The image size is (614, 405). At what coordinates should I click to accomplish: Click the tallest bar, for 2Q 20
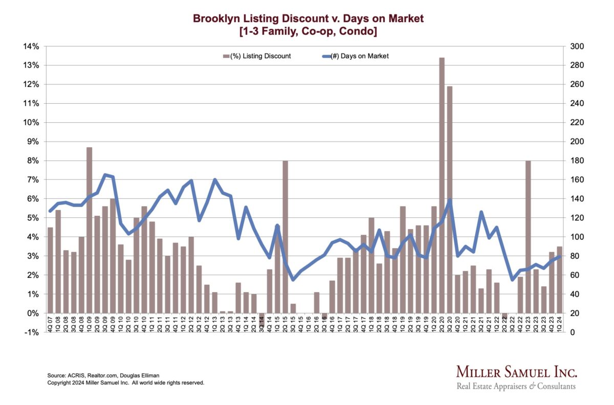pos(442,184)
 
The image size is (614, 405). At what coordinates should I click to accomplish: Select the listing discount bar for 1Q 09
pos(89,230)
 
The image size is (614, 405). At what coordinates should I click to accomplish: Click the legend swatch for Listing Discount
pos(226,56)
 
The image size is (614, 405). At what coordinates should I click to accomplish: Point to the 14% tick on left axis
pos(32,47)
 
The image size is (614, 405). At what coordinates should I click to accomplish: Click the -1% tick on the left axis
pos(32,332)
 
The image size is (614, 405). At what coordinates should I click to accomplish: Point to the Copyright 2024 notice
pos(126,382)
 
